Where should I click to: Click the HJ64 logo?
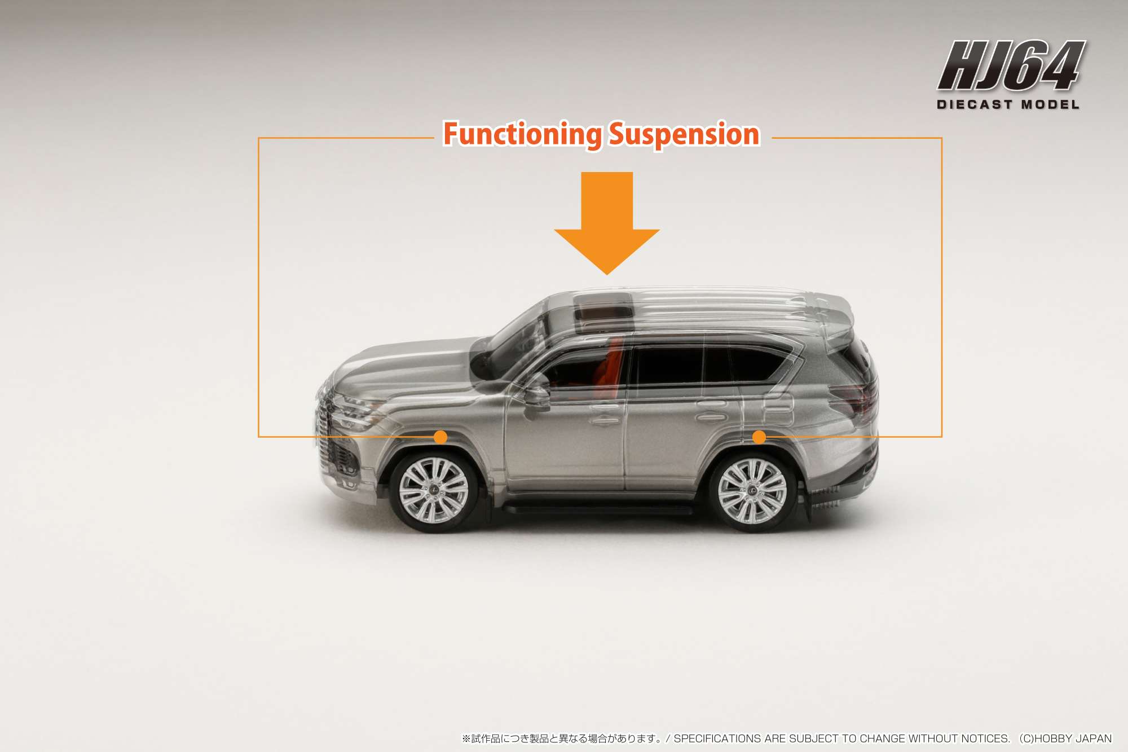pos(1012,65)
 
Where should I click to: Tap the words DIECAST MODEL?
pos(1008,104)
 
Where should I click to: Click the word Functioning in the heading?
pos(523,134)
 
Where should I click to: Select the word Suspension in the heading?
pos(685,134)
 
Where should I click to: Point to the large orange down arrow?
pos(607,223)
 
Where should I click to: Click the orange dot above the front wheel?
pos(441,437)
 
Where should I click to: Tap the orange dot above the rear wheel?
pos(759,437)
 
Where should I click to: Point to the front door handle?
pos(605,421)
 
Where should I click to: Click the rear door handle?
pos(711,418)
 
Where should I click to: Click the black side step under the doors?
pos(598,509)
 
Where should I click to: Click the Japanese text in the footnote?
pos(562,738)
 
